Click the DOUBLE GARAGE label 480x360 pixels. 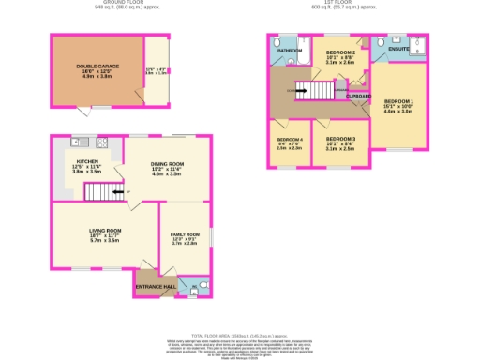[93, 66]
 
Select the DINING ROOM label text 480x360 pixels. [167, 164]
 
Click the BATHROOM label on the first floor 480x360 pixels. [288, 51]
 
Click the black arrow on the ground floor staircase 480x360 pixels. [116, 192]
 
